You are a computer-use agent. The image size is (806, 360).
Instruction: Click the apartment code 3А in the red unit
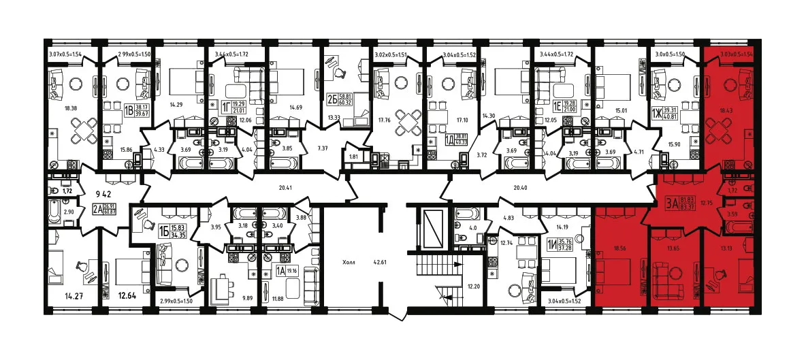[x=671, y=201]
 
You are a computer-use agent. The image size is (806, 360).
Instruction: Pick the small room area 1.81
[x=351, y=157]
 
